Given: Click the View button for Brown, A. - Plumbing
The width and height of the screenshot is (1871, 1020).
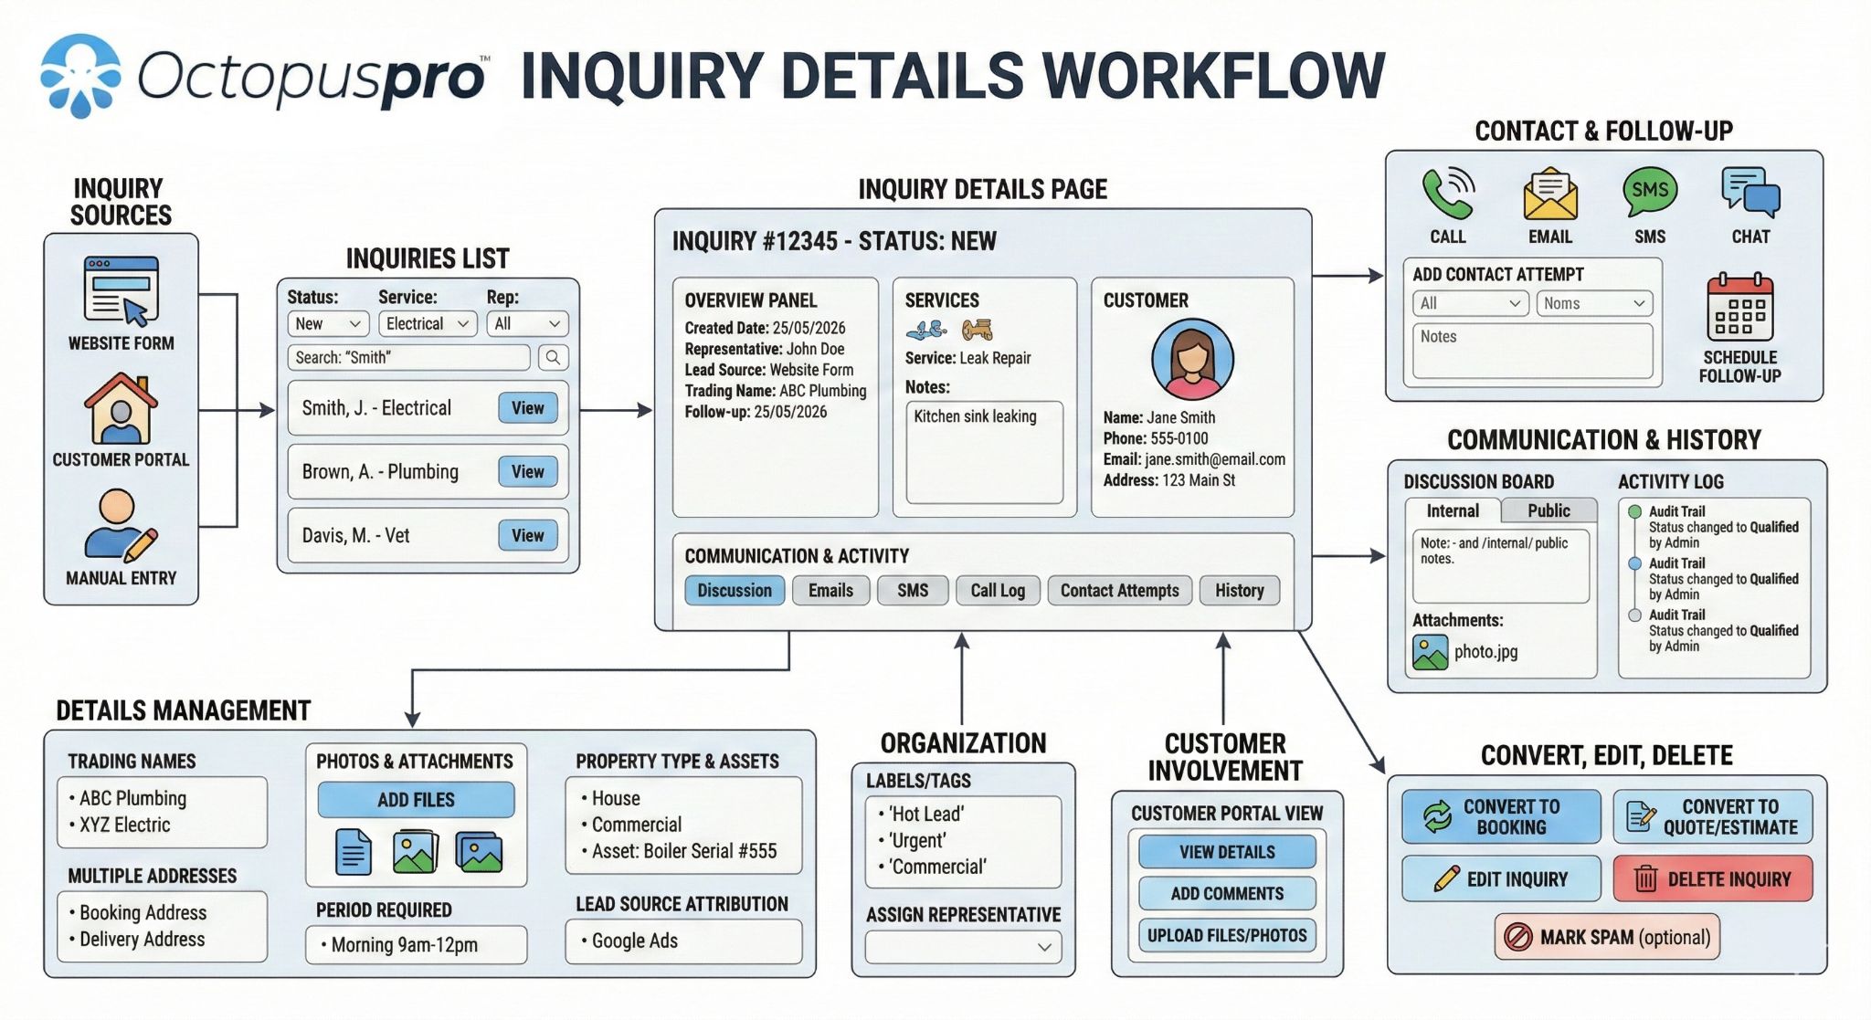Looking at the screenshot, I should coord(527,471).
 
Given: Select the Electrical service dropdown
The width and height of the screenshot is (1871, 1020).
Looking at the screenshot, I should coord(427,323).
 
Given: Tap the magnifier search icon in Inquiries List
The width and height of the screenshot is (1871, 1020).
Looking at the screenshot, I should coord(553,357).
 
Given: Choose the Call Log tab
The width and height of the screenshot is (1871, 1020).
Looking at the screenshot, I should coord(997,590).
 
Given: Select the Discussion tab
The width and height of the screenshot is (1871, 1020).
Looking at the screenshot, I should coord(734,590).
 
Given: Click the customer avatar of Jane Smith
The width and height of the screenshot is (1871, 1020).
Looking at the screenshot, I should coord(1191,359).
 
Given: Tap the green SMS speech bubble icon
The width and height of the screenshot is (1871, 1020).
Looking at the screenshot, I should coord(1649,191).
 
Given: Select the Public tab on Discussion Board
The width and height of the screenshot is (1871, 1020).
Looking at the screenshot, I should coord(1549,510).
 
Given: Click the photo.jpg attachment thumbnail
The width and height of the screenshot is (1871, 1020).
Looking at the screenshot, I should coord(1430,652).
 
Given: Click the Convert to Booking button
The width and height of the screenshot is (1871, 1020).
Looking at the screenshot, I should coord(1501,816).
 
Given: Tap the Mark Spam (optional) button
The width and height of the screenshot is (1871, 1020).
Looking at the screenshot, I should coord(1607,937).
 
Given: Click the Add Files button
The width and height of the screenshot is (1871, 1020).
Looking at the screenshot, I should coord(416,800).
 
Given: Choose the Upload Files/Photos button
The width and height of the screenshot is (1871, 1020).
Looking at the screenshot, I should coord(1226,935).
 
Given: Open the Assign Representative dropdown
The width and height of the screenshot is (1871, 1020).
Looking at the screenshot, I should coord(963,947).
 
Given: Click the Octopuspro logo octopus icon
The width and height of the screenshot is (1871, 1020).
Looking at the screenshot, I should coord(80,76).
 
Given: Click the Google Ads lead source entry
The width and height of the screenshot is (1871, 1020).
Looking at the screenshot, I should coord(634,941).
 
